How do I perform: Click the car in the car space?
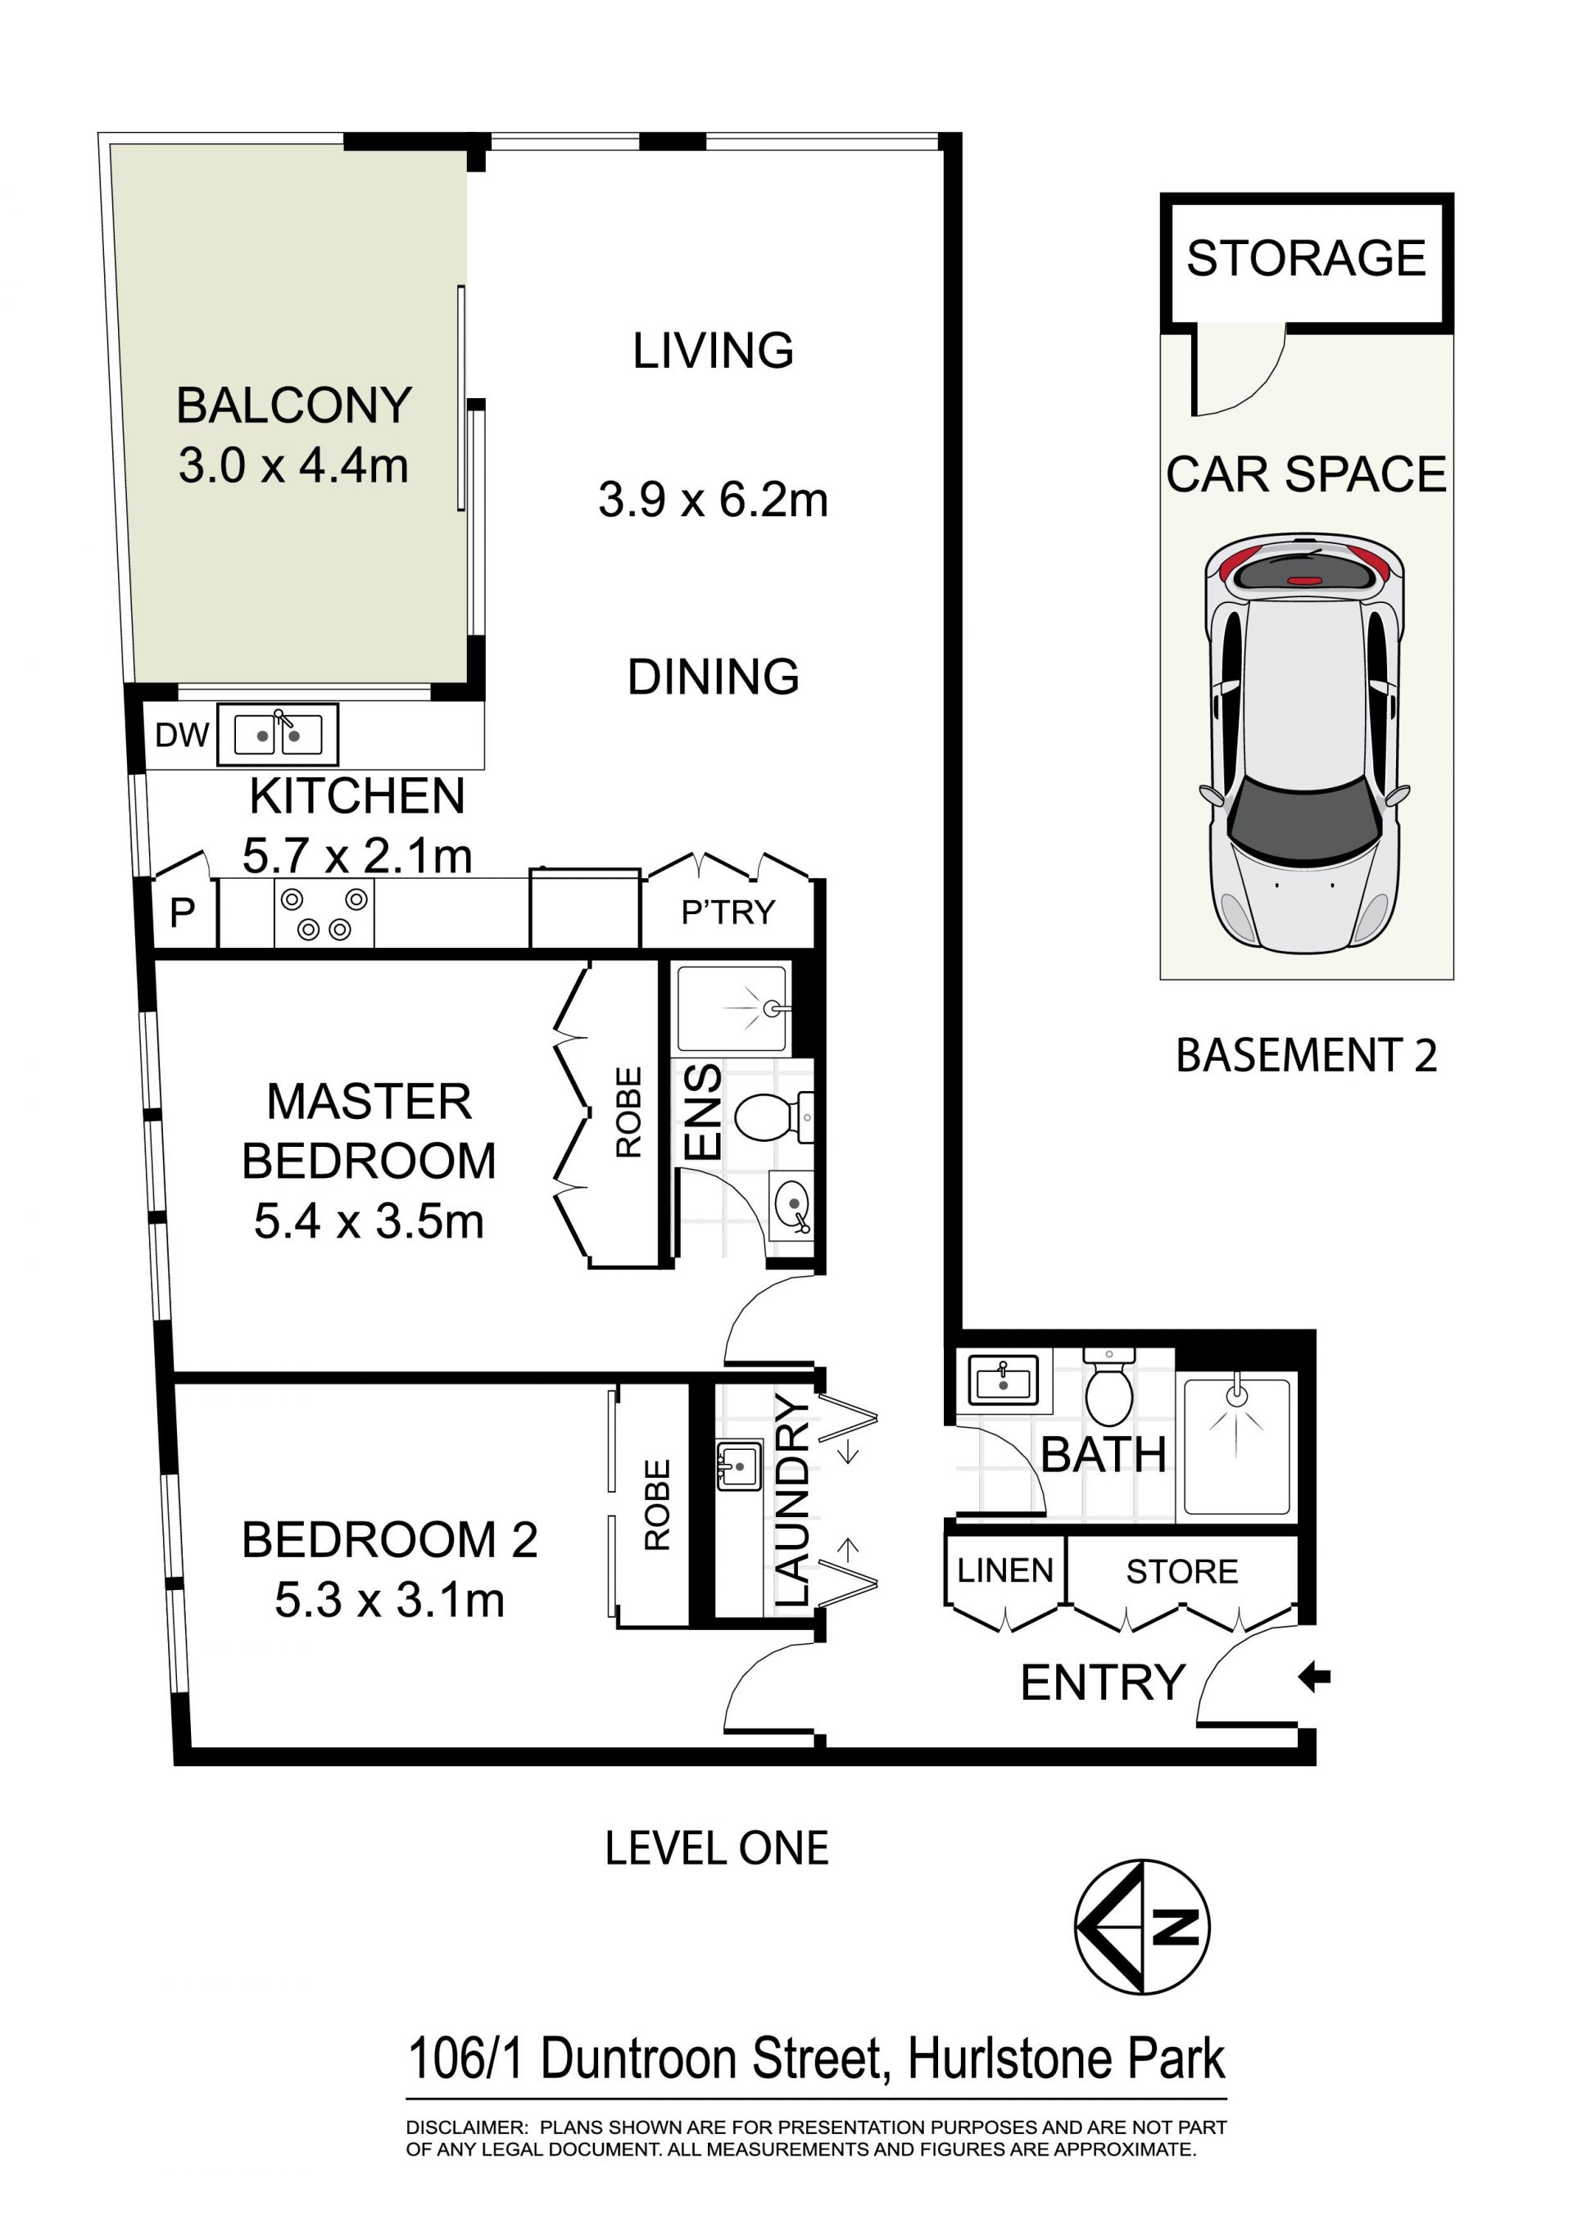(x=1305, y=742)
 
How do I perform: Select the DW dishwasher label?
(x=182, y=736)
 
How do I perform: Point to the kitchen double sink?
(x=278, y=734)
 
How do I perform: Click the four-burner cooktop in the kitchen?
(x=324, y=913)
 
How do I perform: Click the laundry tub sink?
(x=738, y=1465)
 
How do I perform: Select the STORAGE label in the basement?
(x=1306, y=258)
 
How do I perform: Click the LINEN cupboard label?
(x=1004, y=1570)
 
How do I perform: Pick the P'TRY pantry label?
(x=728, y=912)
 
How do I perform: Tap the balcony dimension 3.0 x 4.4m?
(x=293, y=466)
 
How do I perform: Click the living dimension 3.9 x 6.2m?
(x=713, y=500)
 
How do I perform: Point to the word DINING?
(x=713, y=676)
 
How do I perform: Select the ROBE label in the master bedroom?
(x=628, y=1112)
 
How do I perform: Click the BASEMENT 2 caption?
(x=1306, y=1055)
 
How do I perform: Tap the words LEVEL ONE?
(x=717, y=1848)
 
